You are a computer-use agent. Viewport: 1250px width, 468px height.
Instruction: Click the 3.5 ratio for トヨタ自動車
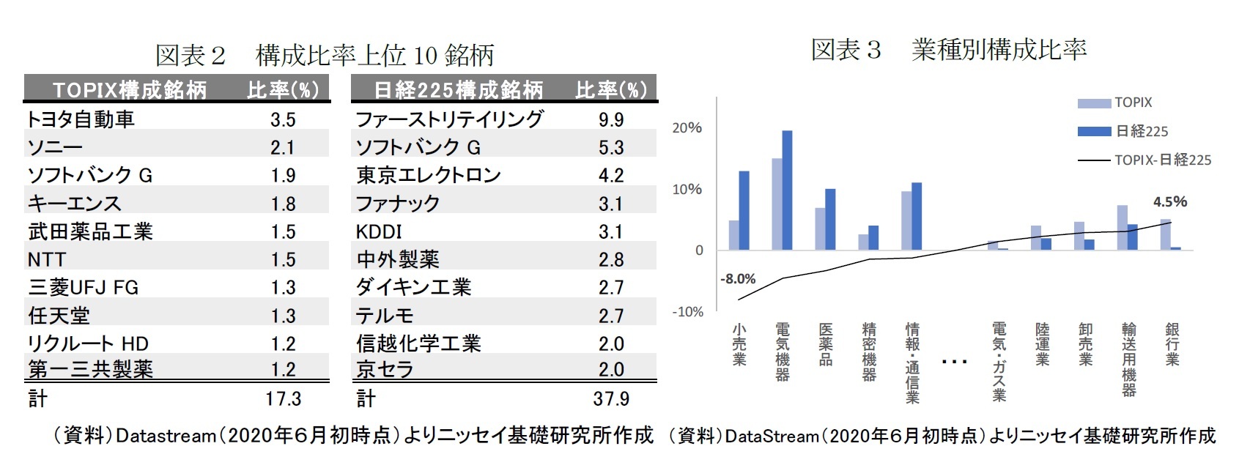[283, 119]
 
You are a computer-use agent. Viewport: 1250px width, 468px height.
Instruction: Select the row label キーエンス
[74, 203]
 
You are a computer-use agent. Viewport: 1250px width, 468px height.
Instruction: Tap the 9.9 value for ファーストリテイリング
[610, 119]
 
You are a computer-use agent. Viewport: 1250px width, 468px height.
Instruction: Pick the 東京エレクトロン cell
[428, 175]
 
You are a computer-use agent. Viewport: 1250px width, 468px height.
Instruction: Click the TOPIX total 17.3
[283, 398]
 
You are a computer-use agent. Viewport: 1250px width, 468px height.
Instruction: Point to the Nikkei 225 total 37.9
[610, 398]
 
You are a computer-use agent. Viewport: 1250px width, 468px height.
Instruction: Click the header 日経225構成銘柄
[459, 90]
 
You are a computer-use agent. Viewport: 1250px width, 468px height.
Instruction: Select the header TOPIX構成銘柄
[130, 90]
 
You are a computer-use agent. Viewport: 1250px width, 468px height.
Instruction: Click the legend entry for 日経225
[1141, 131]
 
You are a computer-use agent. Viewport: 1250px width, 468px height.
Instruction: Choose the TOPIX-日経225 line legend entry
[1162, 160]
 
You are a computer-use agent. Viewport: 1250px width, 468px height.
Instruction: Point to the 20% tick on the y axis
[687, 127]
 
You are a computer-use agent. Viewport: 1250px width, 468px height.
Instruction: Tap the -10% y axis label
[687, 311]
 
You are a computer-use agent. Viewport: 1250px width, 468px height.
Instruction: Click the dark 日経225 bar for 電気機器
[787, 190]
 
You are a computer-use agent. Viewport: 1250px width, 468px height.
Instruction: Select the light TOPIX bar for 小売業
[733, 235]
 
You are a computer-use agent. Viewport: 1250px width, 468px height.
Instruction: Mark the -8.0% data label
[737, 279]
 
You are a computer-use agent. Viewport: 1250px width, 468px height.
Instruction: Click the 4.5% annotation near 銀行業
[1169, 201]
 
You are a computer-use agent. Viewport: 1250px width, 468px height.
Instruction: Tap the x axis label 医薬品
[826, 344]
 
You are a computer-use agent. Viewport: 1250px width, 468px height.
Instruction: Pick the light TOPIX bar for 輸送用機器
[1122, 228]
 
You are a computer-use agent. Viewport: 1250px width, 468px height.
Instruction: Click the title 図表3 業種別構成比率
[948, 50]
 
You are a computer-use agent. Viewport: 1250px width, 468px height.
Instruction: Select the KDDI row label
[379, 231]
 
